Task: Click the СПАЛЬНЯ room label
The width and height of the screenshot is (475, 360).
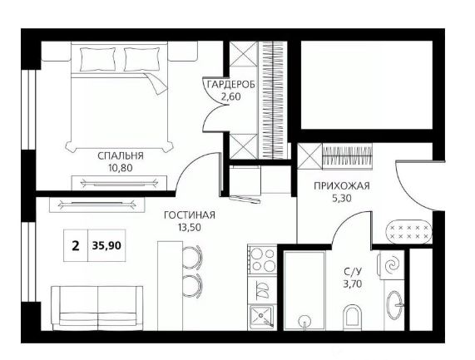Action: click(121, 155)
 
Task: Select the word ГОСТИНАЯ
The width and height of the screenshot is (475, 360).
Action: click(190, 215)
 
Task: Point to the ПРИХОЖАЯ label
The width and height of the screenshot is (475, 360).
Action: click(342, 185)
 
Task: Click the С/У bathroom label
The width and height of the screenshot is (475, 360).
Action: click(353, 272)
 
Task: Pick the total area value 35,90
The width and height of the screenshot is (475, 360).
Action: click(106, 245)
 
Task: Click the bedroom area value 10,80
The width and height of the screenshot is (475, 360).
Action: click(121, 168)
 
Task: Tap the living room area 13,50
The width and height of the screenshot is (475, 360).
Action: click(190, 227)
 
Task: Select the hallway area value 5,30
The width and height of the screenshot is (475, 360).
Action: click(341, 198)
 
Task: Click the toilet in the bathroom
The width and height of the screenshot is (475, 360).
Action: click(353, 318)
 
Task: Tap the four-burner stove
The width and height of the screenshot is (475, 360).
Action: click(262, 259)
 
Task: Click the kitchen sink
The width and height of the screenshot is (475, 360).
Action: click(262, 317)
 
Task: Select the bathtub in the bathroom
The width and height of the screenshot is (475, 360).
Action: click(304, 291)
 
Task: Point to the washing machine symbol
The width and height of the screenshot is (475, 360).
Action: click(391, 265)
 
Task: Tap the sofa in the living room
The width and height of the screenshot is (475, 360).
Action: click(97, 308)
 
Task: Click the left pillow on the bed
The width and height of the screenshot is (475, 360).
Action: click(97, 59)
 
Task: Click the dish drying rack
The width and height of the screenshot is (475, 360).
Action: click(262, 289)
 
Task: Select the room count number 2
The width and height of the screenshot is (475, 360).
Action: click(76, 245)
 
